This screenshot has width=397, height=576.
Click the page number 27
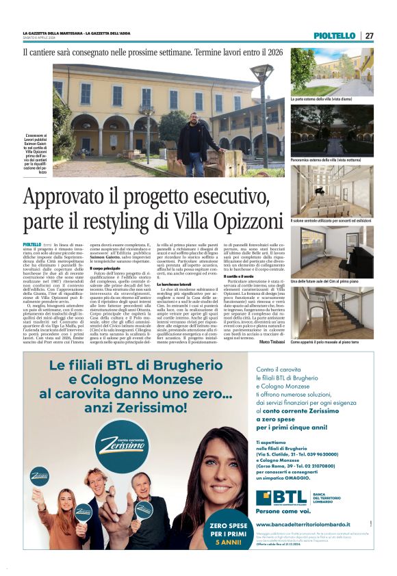coord(370,36)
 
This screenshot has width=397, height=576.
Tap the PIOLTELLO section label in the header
coord(335,36)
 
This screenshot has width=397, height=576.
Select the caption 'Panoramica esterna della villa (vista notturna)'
coord(326,159)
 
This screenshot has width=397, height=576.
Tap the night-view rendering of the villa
coord(332,129)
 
